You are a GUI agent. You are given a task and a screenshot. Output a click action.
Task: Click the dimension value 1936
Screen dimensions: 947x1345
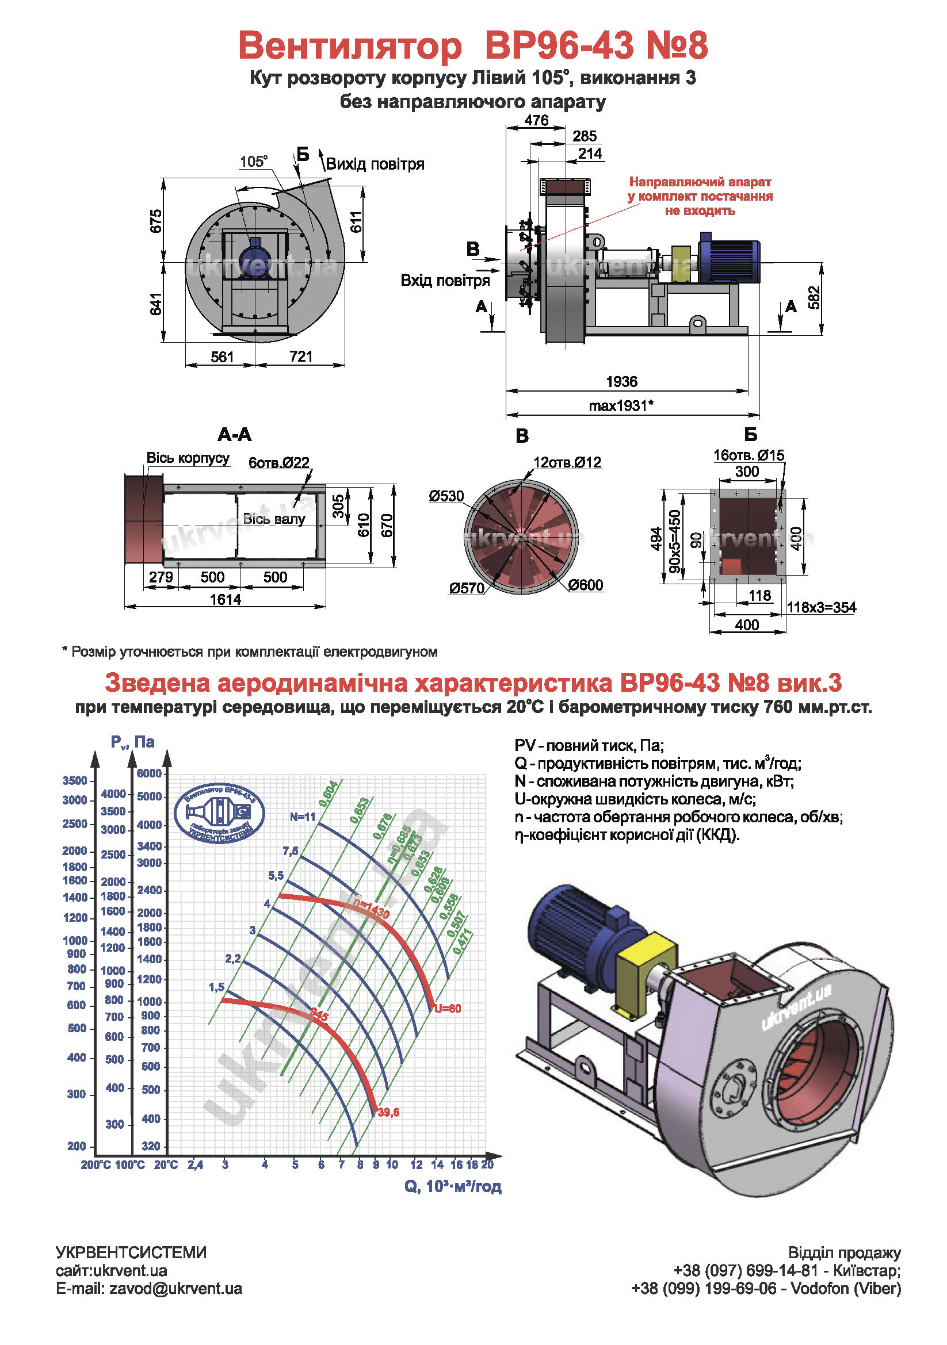click(x=621, y=381)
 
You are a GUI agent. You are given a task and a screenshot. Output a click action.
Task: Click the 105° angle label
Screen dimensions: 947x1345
click(x=253, y=161)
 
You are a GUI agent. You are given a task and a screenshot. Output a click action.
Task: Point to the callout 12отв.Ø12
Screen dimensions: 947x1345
click(x=567, y=462)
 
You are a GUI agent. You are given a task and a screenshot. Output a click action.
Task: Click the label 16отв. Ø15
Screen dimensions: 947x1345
click(x=749, y=455)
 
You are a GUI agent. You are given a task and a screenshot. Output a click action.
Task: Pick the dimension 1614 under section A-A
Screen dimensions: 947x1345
click(x=226, y=599)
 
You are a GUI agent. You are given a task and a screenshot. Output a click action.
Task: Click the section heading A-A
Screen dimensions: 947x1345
click(x=234, y=435)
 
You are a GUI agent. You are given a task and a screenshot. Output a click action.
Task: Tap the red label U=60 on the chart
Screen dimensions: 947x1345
click(x=448, y=1009)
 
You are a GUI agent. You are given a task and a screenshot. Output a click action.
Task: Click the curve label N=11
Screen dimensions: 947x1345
click(x=303, y=817)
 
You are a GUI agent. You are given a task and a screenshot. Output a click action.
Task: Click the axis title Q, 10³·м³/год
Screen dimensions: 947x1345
click(x=453, y=1187)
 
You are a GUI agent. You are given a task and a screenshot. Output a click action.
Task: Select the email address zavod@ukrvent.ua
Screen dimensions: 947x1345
click(x=175, y=1289)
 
